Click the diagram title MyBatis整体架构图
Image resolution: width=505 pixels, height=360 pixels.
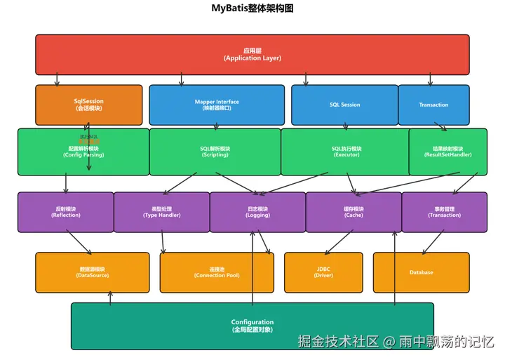click(252, 8)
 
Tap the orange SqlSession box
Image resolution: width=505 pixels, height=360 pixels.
click(88, 105)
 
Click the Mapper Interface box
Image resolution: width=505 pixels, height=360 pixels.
click(217, 105)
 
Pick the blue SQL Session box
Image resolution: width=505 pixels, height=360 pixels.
click(344, 105)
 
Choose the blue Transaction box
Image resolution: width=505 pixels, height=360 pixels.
click(433, 105)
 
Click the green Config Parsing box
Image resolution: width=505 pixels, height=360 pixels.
click(83, 152)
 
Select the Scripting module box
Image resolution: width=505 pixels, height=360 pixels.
click(215, 152)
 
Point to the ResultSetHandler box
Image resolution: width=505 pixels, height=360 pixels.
click(447, 152)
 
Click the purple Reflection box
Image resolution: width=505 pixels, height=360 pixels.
click(66, 212)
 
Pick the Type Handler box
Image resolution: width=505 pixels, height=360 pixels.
click(161, 212)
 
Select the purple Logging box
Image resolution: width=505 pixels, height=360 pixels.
click(257, 212)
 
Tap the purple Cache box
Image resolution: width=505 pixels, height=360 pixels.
click(353, 212)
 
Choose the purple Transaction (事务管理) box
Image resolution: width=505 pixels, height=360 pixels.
click(444, 212)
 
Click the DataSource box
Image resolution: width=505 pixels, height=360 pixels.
click(93, 272)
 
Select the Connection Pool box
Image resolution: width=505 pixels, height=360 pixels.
click(217, 272)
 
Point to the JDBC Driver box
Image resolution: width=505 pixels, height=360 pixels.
click(323, 272)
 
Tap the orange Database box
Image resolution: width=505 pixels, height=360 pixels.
click(421, 272)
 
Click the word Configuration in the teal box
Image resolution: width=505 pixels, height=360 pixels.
click(252, 322)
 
